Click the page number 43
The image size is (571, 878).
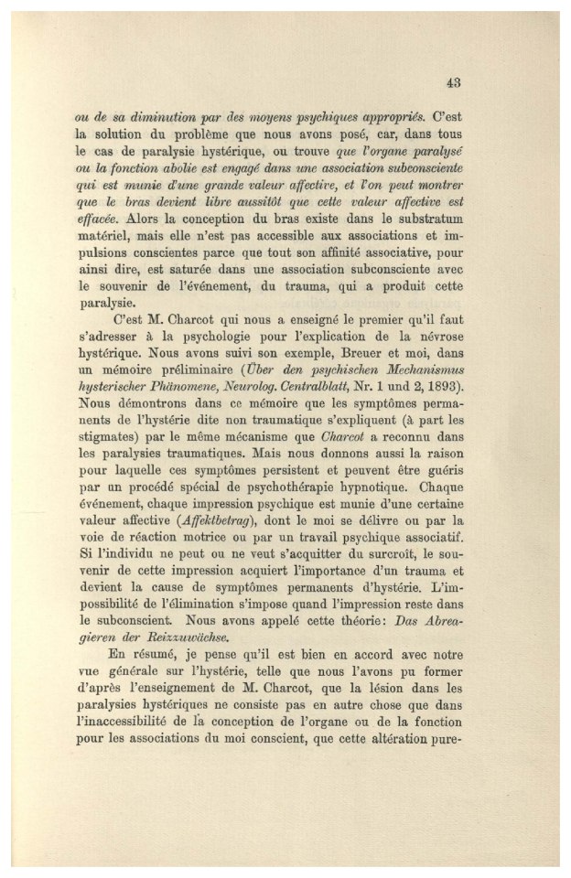coord(452,82)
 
